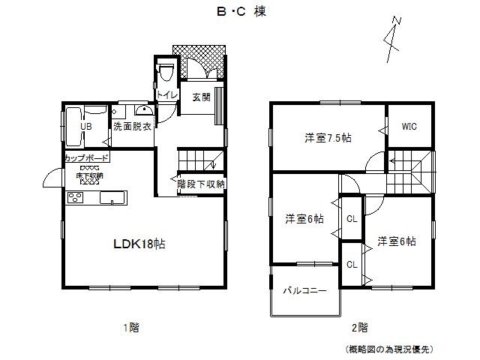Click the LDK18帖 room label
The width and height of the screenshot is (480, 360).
tap(139, 244)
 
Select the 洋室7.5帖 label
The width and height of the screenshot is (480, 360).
tap(328, 138)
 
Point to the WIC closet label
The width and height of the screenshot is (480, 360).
tap(409, 127)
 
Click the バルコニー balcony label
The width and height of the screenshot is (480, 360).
tap(304, 291)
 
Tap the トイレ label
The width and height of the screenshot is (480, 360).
tap(166, 94)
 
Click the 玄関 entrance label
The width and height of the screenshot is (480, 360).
tap(200, 97)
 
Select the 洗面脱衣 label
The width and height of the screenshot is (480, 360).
tap(132, 127)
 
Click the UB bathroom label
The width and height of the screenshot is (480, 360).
tap(86, 127)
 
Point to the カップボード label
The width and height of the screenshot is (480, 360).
tap(86, 158)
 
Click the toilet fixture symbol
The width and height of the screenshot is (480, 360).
tap(166, 72)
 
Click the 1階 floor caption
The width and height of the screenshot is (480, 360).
tap(131, 327)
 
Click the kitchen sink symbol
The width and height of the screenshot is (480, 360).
tap(112, 198)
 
